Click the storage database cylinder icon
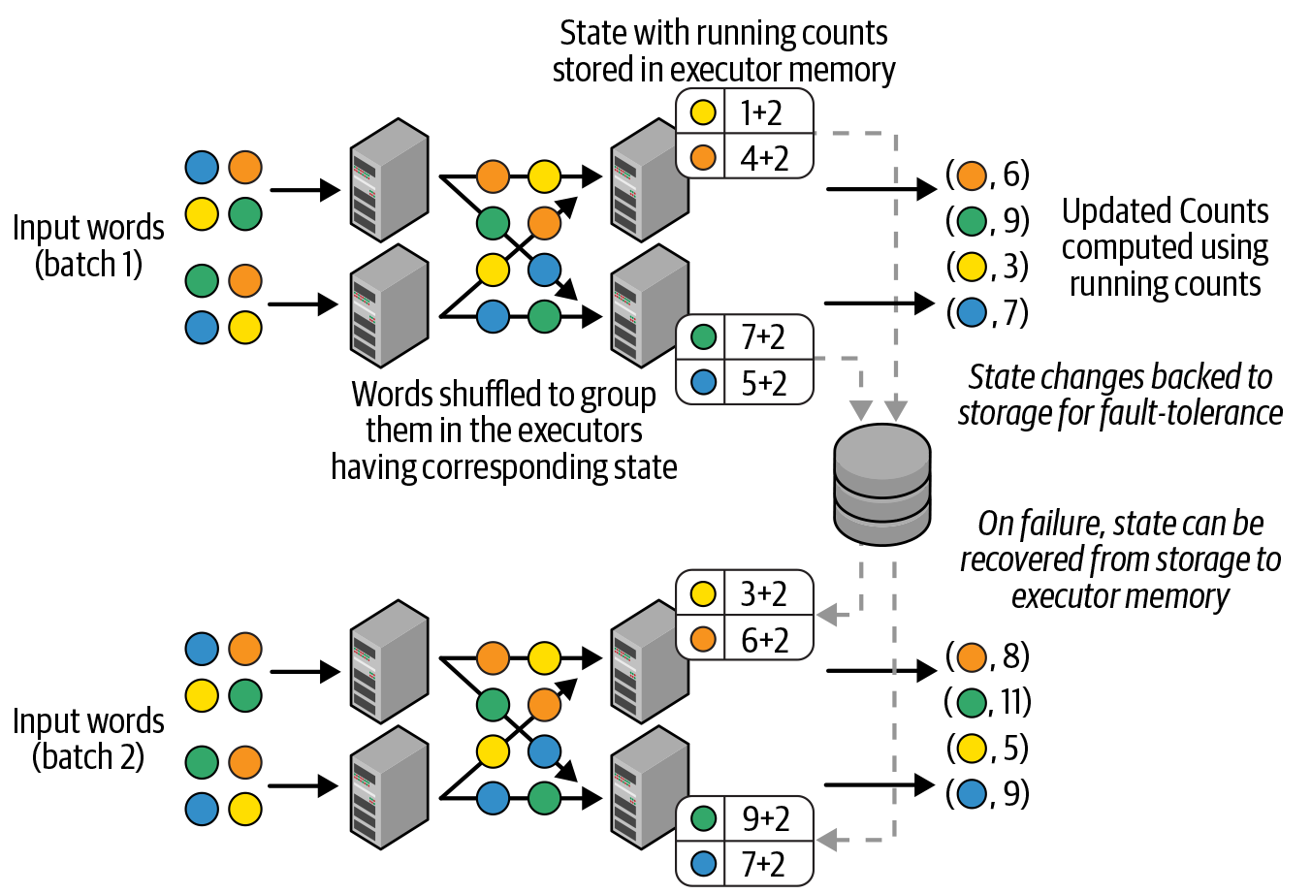pos(882,485)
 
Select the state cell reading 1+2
pos(761,113)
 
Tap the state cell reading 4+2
pos(764,158)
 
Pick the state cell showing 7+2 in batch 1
pos(763,337)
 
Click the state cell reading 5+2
pos(763,383)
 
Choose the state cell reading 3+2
pos(763,593)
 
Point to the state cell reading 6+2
pos(764,640)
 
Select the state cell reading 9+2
pos(765,818)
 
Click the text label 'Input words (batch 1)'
pos(88,245)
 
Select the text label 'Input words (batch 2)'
pos(88,739)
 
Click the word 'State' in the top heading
pos(592,33)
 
